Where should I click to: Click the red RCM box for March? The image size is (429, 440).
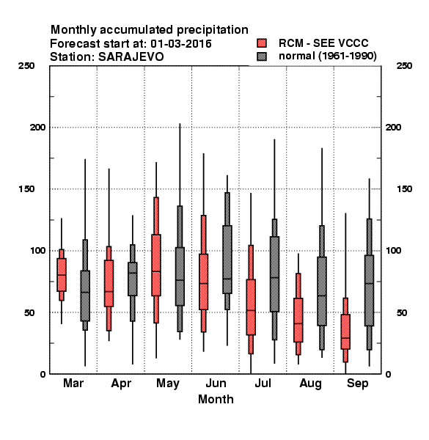point(62,275)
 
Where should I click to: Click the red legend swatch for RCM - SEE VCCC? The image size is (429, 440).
point(262,43)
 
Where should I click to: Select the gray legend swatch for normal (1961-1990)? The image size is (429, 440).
point(262,56)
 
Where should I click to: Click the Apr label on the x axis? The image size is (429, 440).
point(121,384)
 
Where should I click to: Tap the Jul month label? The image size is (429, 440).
point(263,383)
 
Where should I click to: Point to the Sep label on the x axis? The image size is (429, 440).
point(357,384)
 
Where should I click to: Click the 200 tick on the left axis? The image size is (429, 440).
point(37,128)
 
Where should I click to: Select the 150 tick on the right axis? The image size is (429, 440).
point(404,189)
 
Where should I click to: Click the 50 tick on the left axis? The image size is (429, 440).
point(29,312)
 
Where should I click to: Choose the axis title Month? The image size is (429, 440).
point(216,400)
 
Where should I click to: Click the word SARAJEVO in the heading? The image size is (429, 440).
point(131,57)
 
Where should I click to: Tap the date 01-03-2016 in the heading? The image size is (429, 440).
point(181,44)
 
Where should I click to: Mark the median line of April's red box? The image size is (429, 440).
point(109,292)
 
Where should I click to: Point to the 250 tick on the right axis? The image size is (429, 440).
point(404,66)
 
